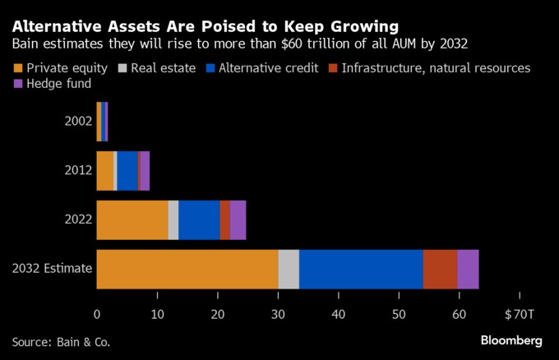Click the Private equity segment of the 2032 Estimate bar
187,270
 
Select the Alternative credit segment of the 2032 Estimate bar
361,270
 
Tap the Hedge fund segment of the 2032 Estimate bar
468,270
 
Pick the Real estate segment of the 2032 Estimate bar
289,270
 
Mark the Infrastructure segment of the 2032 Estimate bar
440,270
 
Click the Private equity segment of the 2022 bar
132,220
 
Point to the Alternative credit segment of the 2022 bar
199,220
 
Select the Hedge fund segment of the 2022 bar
238,220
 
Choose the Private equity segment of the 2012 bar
105,171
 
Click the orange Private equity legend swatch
18,68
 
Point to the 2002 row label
78,122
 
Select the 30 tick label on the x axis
278,313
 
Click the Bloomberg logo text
511,340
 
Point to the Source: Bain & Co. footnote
61,340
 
